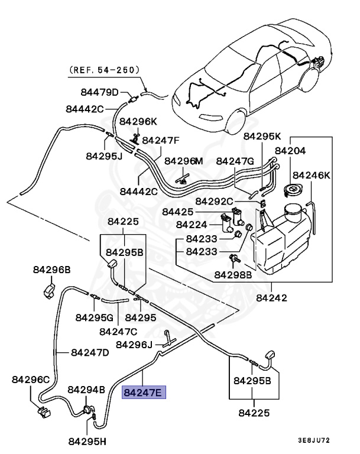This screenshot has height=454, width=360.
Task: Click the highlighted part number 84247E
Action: coord(145,391)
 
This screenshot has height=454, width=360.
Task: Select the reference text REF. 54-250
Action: coord(105,69)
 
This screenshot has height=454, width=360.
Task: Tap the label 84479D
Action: coord(100,92)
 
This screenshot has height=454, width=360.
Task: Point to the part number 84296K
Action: coord(138,121)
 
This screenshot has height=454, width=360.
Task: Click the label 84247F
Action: coord(160,141)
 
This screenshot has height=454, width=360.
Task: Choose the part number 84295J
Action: coord(103,156)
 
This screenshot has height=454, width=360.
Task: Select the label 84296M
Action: coord(183,161)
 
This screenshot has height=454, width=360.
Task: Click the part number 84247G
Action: coord(235,161)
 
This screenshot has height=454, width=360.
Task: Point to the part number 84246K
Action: coord(312,175)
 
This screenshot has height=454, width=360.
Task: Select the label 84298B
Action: coord(233,274)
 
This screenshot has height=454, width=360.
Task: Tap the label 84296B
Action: coord(50,270)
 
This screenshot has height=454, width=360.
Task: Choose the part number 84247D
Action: coord(90,352)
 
